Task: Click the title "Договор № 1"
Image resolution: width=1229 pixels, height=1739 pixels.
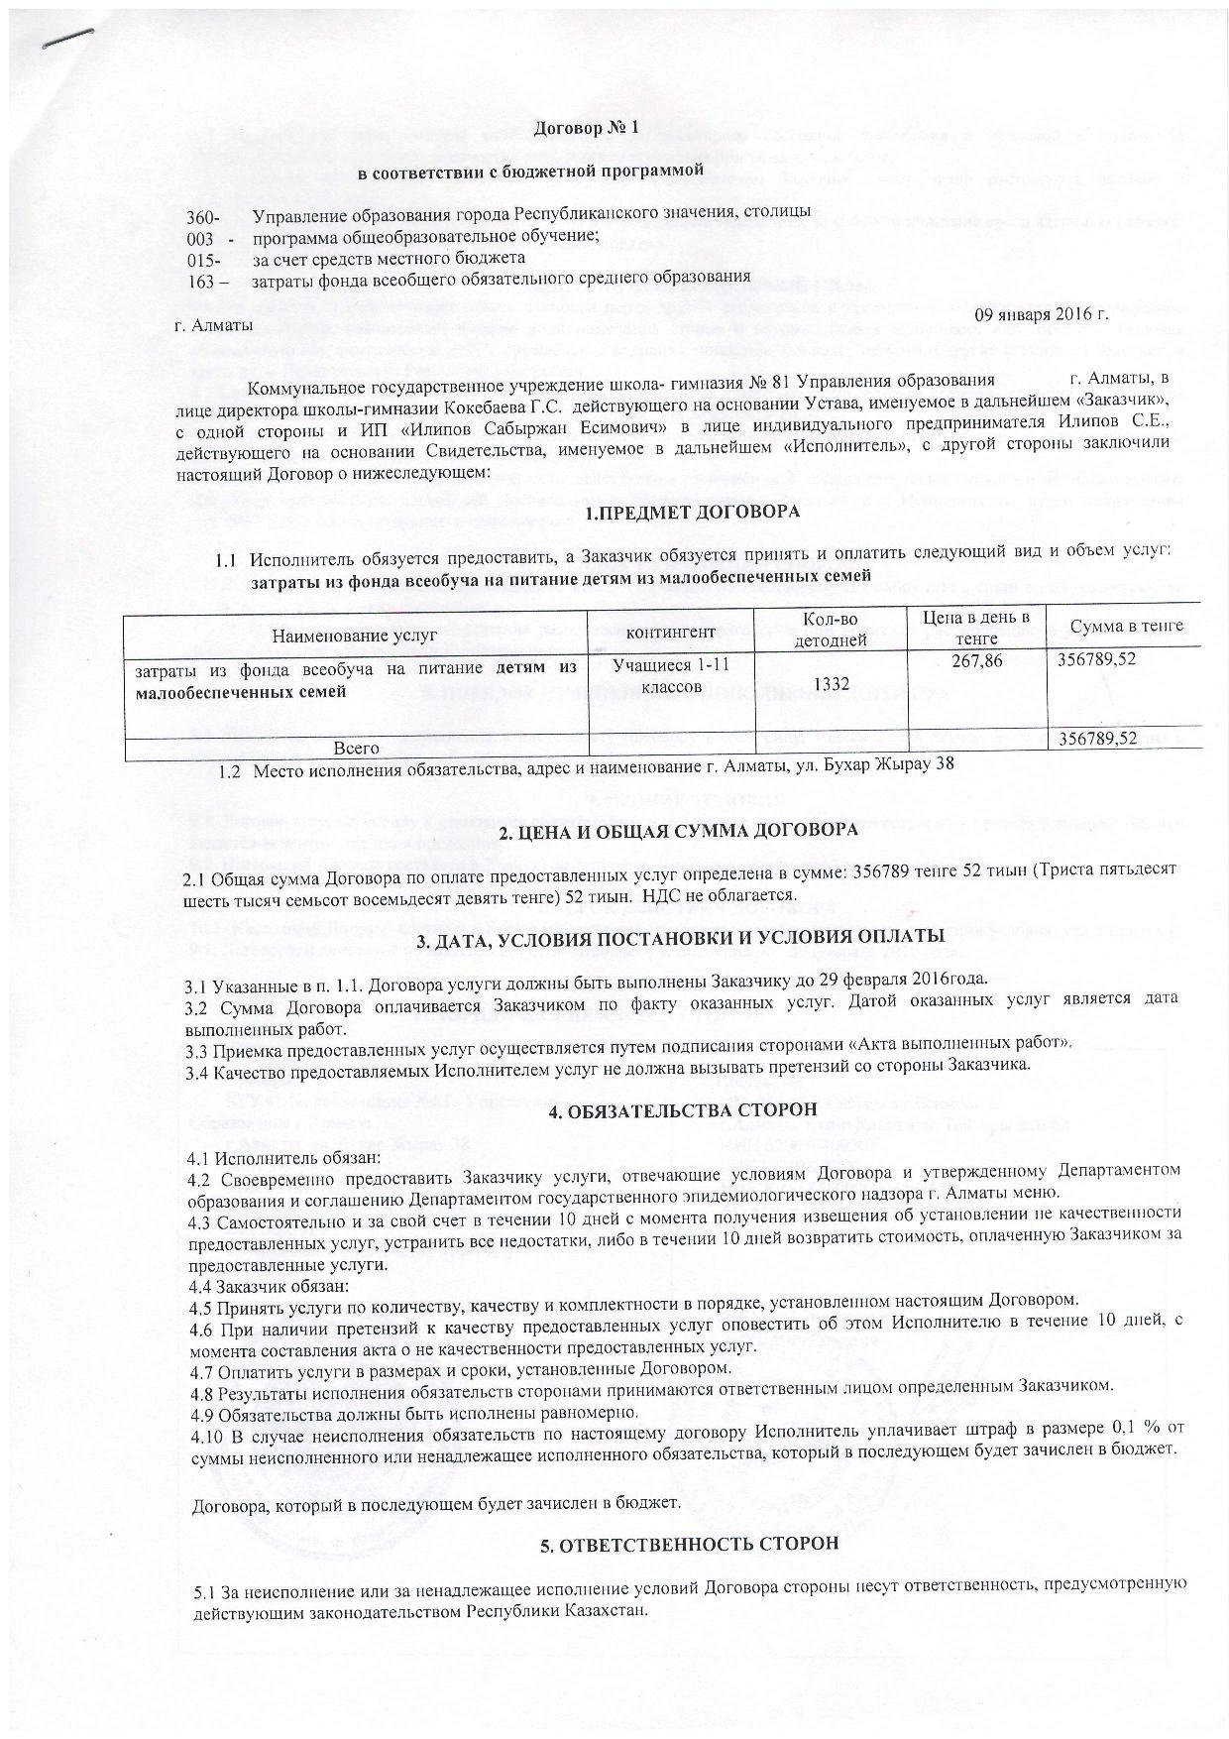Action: tap(587, 128)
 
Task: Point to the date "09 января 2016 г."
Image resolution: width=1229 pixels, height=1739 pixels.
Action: tap(1042, 315)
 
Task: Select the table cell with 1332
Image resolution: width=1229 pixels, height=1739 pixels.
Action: tap(829, 684)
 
